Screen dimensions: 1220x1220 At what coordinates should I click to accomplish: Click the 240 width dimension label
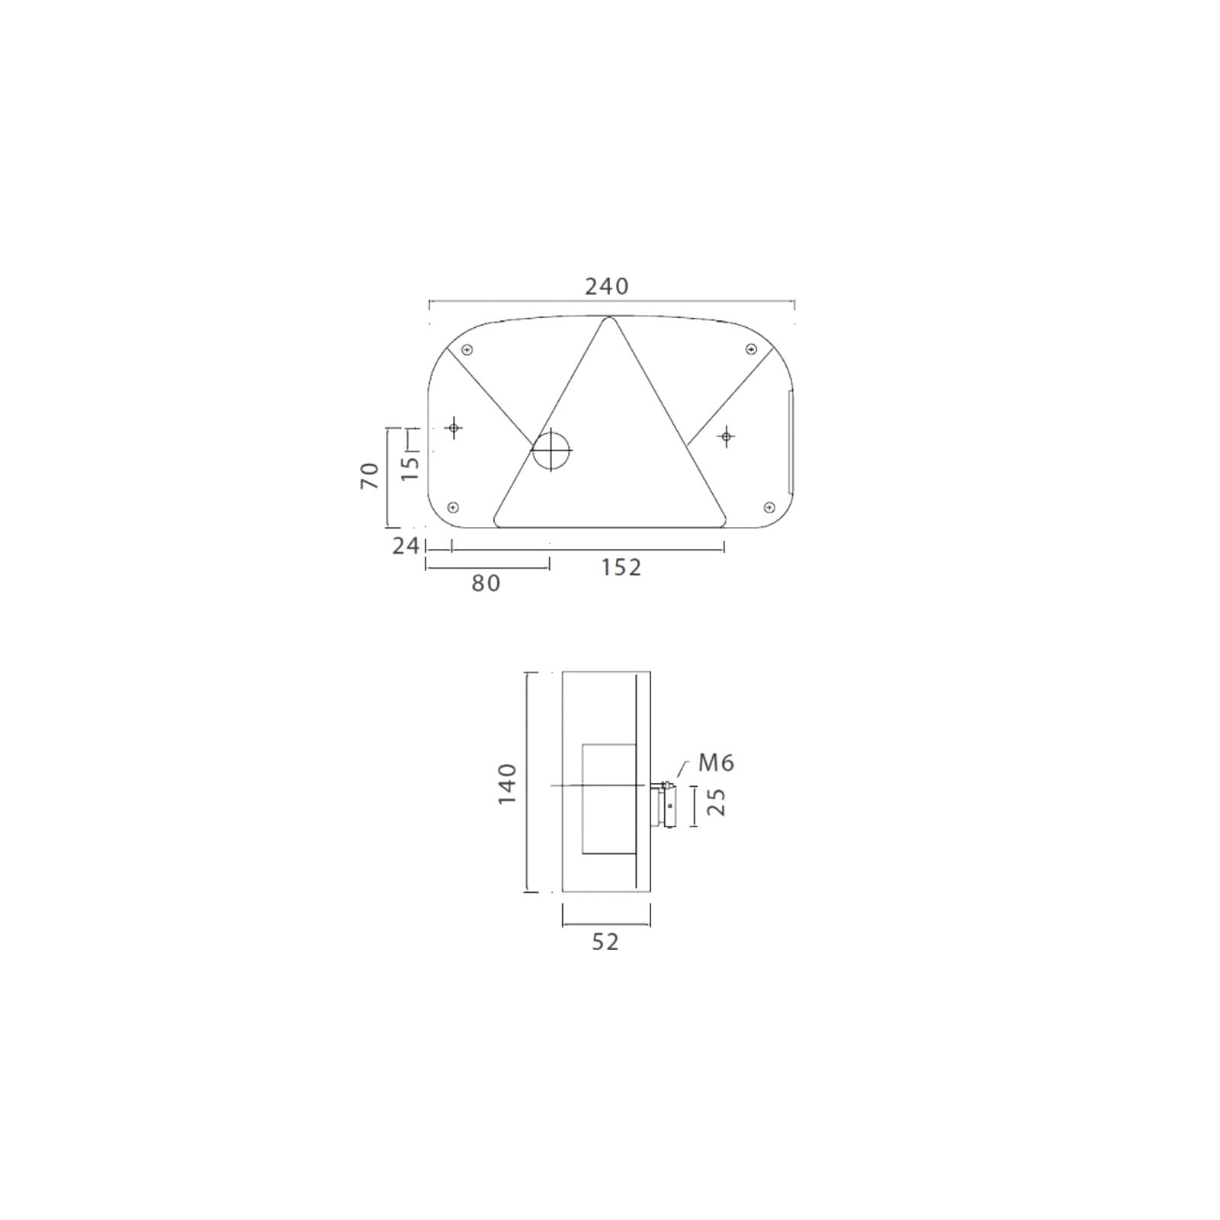pyautogui.click(x=607, y=287)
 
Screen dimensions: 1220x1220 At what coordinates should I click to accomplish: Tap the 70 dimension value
pyautogui.click(x=370, y=476)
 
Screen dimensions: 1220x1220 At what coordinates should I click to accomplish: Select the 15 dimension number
pyautogui.click(x=410, y=467)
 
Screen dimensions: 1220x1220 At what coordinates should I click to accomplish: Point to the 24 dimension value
pyautogui.click(x=406, y=546)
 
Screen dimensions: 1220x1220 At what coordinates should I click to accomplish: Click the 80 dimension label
pyautogui.click(x=486, y=583)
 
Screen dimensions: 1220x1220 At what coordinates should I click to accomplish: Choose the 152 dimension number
pyautogui.click(x=621, y=568)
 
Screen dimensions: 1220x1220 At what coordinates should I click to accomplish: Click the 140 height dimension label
pyautogui.click(x=507, y=783)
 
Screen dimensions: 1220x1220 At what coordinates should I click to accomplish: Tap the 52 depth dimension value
pyautogui.click(x=605, y=942)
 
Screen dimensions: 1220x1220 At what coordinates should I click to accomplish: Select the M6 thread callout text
pyautogui.click(x=716, y=763)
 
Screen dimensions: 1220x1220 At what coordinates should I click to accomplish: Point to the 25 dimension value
pyautogui.click(x=716, y=802)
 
